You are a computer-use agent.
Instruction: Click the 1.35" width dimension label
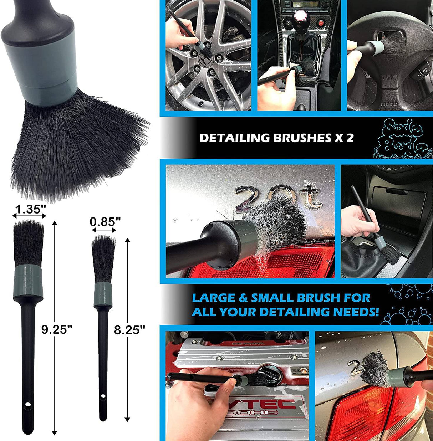(x=29, y=209)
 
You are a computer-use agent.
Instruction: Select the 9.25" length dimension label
(x=57, y=329)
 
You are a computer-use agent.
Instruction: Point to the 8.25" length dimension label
(x=129, y=330)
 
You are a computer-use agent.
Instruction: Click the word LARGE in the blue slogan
(x=213, y=298)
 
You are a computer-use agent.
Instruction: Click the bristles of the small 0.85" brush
(x=103, y=258)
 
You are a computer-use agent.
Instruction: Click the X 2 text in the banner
(x=344, y=138)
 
